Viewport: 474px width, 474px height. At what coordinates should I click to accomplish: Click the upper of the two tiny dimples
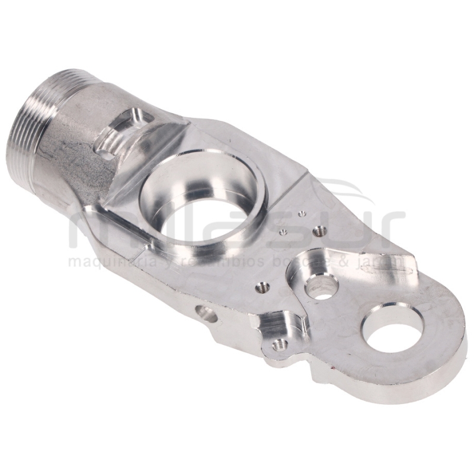tap(302, 214)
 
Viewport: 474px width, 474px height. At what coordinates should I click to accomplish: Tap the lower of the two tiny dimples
tap(283, 232)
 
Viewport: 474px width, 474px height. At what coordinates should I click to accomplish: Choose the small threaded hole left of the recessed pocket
tap(261, 287)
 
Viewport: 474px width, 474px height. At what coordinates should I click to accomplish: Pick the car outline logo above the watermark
tap(350, 193)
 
